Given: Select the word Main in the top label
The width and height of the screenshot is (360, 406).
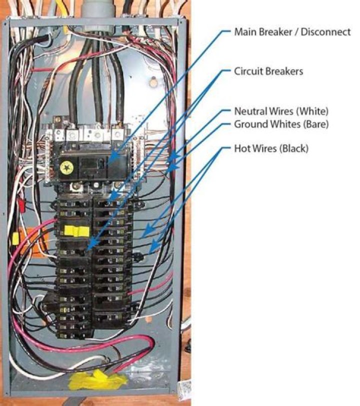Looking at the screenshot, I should [x=244, y=32].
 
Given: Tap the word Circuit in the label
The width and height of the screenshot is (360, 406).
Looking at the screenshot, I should [x=247, y=71].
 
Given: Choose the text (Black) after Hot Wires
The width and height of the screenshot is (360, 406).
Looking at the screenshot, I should [x=293, y=149].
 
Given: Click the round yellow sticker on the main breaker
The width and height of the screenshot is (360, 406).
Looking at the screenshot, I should [x=65, y=168].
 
